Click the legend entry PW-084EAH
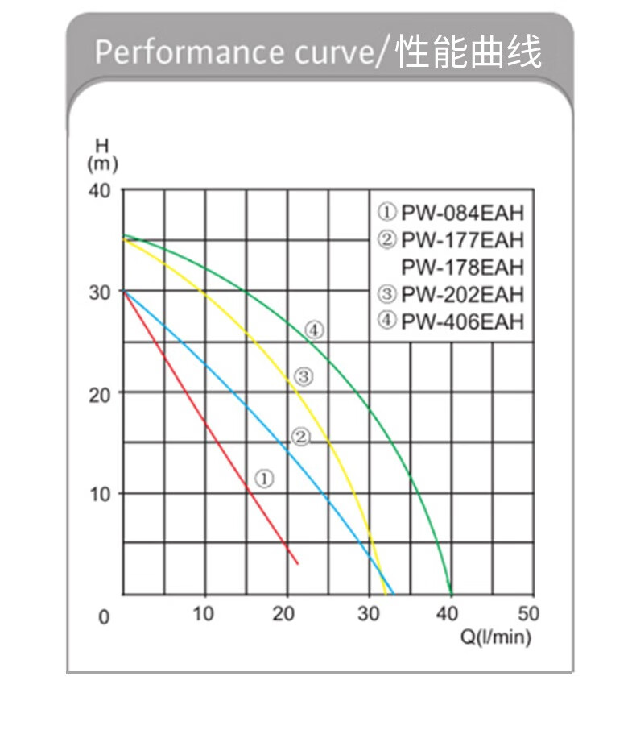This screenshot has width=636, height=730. coord(451,214)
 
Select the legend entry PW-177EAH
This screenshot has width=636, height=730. coord(451,240)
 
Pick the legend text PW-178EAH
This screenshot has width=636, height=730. coord(462,267)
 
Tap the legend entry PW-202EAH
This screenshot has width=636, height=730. coord(451,293)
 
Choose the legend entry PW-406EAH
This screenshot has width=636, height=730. coord(451,321)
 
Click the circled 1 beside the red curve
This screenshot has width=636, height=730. coord(265,478)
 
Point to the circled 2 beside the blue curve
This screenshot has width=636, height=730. coord(299,438)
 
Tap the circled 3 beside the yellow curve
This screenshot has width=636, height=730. coord(303,375)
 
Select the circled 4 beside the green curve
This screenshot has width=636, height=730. coord(313,329)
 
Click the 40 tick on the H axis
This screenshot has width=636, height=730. coord(99,191)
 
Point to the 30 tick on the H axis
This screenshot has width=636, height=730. coord(99,292)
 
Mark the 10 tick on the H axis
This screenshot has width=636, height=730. coord(99,493)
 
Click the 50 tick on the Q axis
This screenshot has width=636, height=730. coord(529,614)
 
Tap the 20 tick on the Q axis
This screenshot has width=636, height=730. coord(284,614)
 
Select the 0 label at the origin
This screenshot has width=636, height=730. coord(103,617)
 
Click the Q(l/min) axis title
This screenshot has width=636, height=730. coord(496,637)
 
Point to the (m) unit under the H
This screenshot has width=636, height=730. coord(102,164)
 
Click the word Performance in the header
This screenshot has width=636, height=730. coord(185,52)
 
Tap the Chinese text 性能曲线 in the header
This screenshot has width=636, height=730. coord(469,51)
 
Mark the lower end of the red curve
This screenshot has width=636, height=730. coord(298,563)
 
